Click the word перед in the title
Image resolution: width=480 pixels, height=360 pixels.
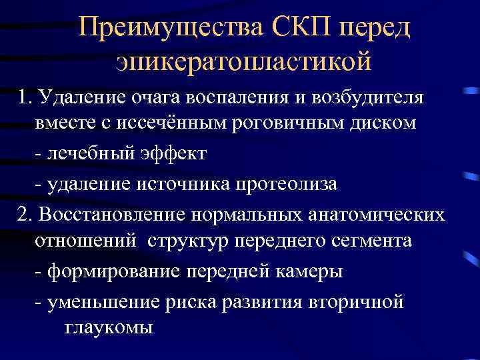pos(375,28)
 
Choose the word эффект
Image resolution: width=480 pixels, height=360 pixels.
pos(175,155)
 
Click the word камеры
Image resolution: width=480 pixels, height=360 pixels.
pos(304,272)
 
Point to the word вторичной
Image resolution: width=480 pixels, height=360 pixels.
pos(357,301)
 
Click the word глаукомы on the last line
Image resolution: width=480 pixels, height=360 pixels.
pos(109,328)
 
